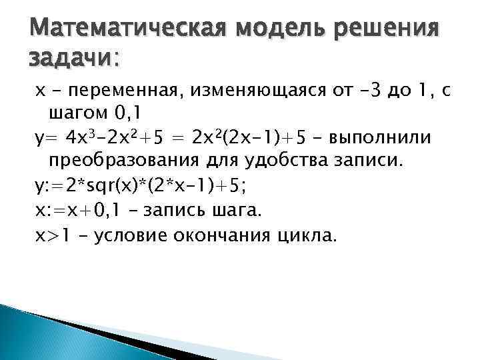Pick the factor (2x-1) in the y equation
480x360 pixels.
[x=248, y=137]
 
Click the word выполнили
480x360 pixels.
[x=381, y=137]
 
